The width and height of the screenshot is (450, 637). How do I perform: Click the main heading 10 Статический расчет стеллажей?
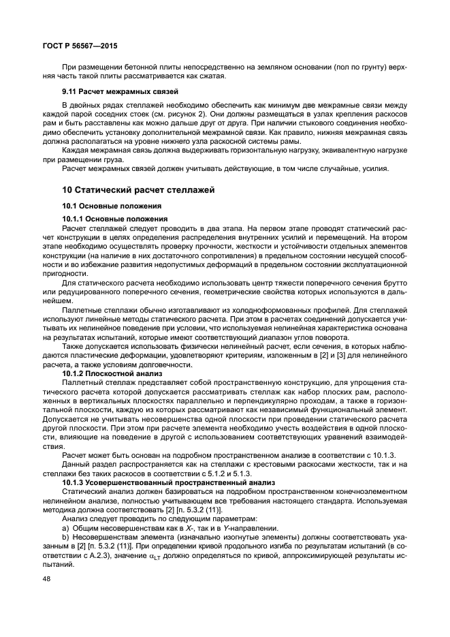[138, 189]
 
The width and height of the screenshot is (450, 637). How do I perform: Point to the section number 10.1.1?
[75, 218]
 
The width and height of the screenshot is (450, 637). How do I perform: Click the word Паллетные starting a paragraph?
[82, 309]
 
